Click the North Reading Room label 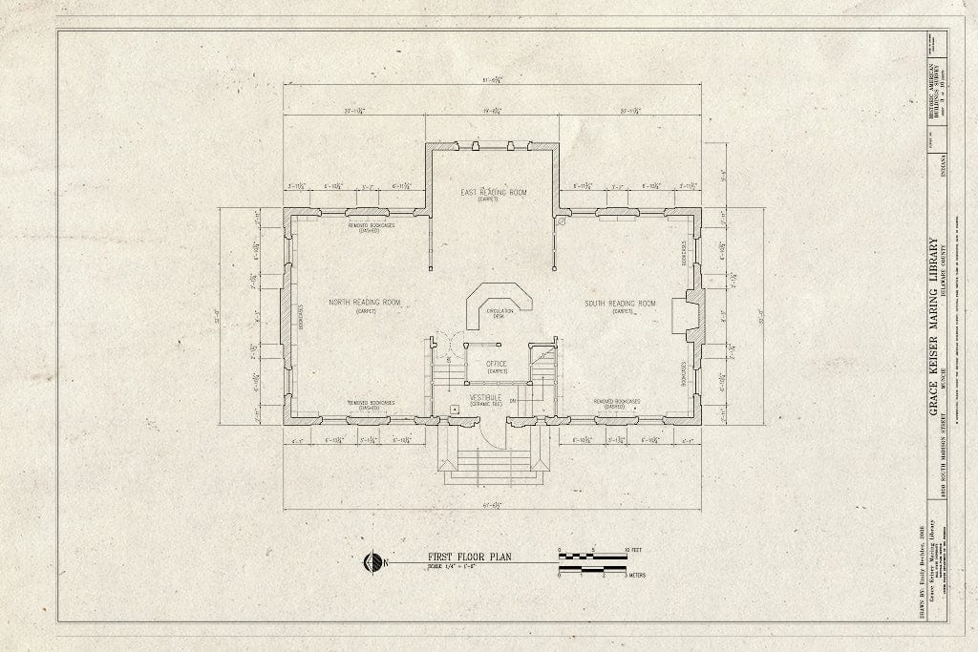(364, 303)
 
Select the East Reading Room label (493, 192)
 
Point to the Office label (497, 364)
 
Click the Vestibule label (485, 396)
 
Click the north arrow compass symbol (372, 563)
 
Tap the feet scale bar (591, 555)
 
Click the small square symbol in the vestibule (457, 408)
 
